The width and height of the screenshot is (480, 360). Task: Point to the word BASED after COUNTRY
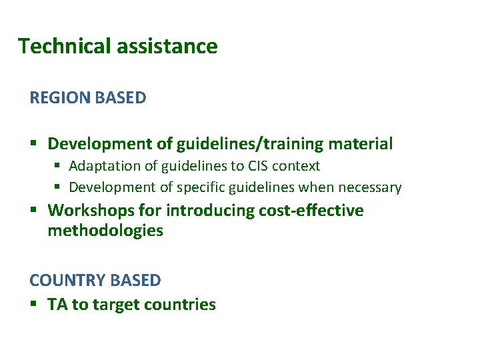137,281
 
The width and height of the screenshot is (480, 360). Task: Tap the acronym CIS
259,166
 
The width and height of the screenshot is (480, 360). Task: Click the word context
297,166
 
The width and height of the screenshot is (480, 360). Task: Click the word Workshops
91,211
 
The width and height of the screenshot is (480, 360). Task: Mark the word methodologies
105,231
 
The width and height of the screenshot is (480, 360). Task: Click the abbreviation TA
57,305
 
